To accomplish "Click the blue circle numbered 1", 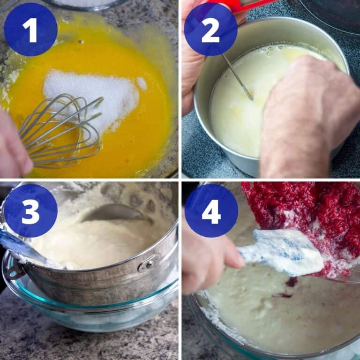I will [x=30, y=30].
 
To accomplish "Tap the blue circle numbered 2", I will [x=210, y=30].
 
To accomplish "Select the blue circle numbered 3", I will [x=30, y=210].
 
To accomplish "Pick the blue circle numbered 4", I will [x=211, y=210].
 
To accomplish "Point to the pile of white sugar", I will [x=94, y=96].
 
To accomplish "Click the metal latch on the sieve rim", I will [x=149, y=263].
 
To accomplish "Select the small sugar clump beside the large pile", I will [x=142, y=83].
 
